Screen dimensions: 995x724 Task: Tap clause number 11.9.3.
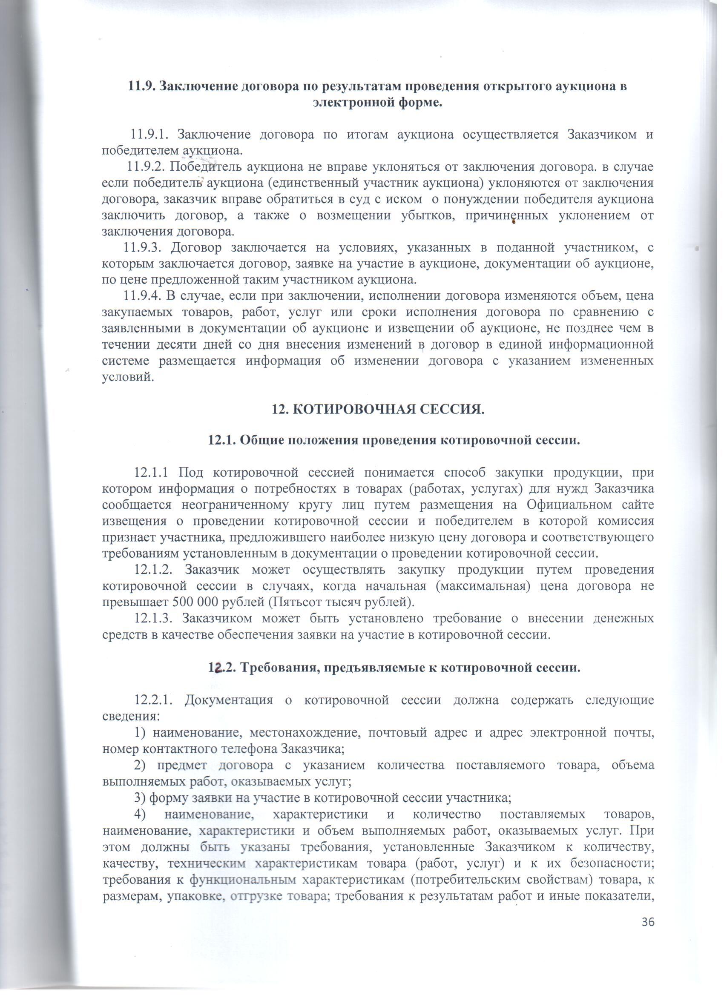143,247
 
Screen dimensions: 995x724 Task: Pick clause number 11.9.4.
143,296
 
